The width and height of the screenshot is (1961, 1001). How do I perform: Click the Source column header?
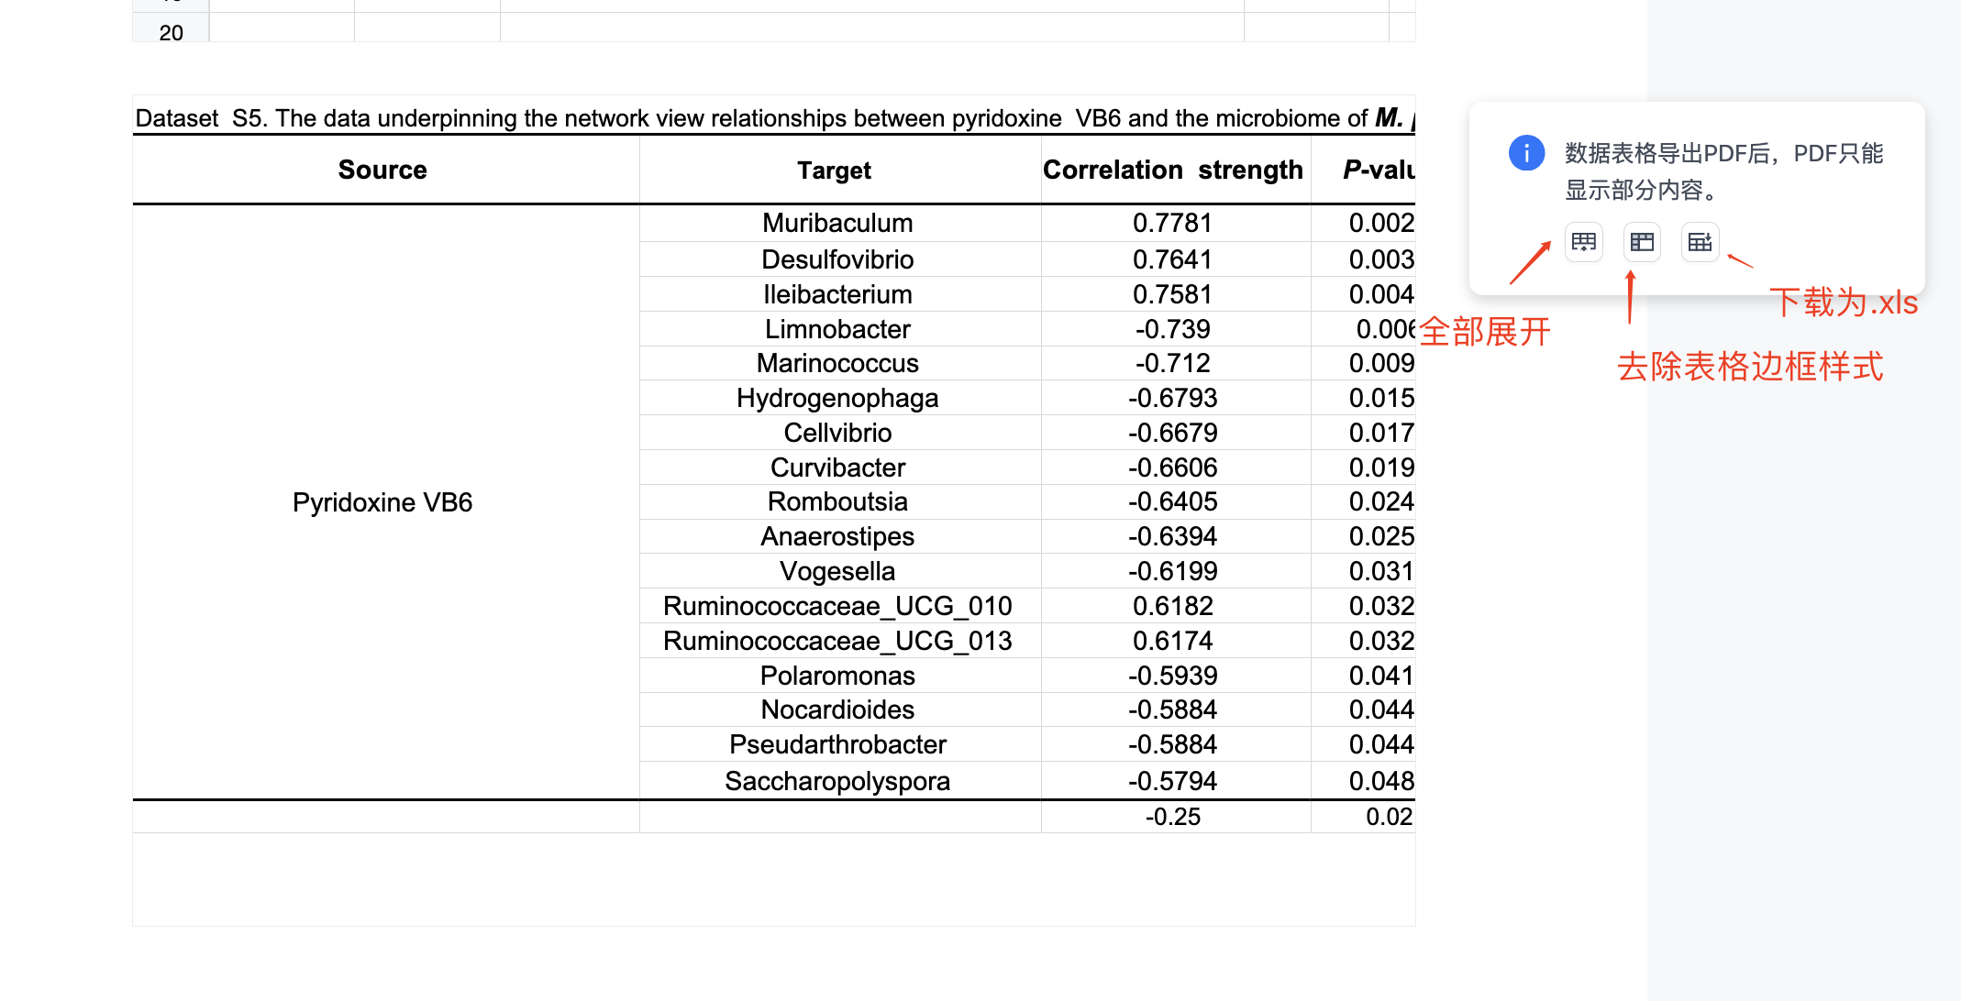click(382, 170)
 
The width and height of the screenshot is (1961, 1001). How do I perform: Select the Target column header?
click(834, 170)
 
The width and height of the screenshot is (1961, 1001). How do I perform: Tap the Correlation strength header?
click(1173, 170)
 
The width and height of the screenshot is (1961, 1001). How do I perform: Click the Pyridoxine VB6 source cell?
click(382, 502)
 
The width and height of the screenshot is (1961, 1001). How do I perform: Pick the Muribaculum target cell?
click(837, 223)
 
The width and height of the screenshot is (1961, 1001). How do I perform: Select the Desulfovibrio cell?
click(837, 259)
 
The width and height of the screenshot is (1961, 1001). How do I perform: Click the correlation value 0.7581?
click(1172, 294)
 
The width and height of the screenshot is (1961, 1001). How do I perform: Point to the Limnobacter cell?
click(837, 329)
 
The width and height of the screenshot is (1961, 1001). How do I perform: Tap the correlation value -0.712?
click(1172, 363)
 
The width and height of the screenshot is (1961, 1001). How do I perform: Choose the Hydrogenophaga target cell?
click(837, 398)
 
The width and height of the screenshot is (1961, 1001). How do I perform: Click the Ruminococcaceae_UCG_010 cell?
click(837, 606)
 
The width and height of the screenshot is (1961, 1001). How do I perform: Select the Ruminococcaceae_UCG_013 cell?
click(837, 641)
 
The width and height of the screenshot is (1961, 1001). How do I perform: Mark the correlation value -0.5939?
click(1172, 676)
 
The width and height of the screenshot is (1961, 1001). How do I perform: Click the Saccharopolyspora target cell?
click(837, 781)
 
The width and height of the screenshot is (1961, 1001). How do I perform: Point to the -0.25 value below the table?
click(1172, 817)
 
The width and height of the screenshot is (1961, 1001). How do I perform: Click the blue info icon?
click(1526, 153)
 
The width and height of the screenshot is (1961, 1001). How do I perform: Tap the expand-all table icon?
click(1584, 242)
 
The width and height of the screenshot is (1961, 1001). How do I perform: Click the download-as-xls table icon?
click(1700, 242)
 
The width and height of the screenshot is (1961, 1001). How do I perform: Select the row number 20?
click(171, 33)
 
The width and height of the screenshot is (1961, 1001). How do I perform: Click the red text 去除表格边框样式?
click(1750, 367)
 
